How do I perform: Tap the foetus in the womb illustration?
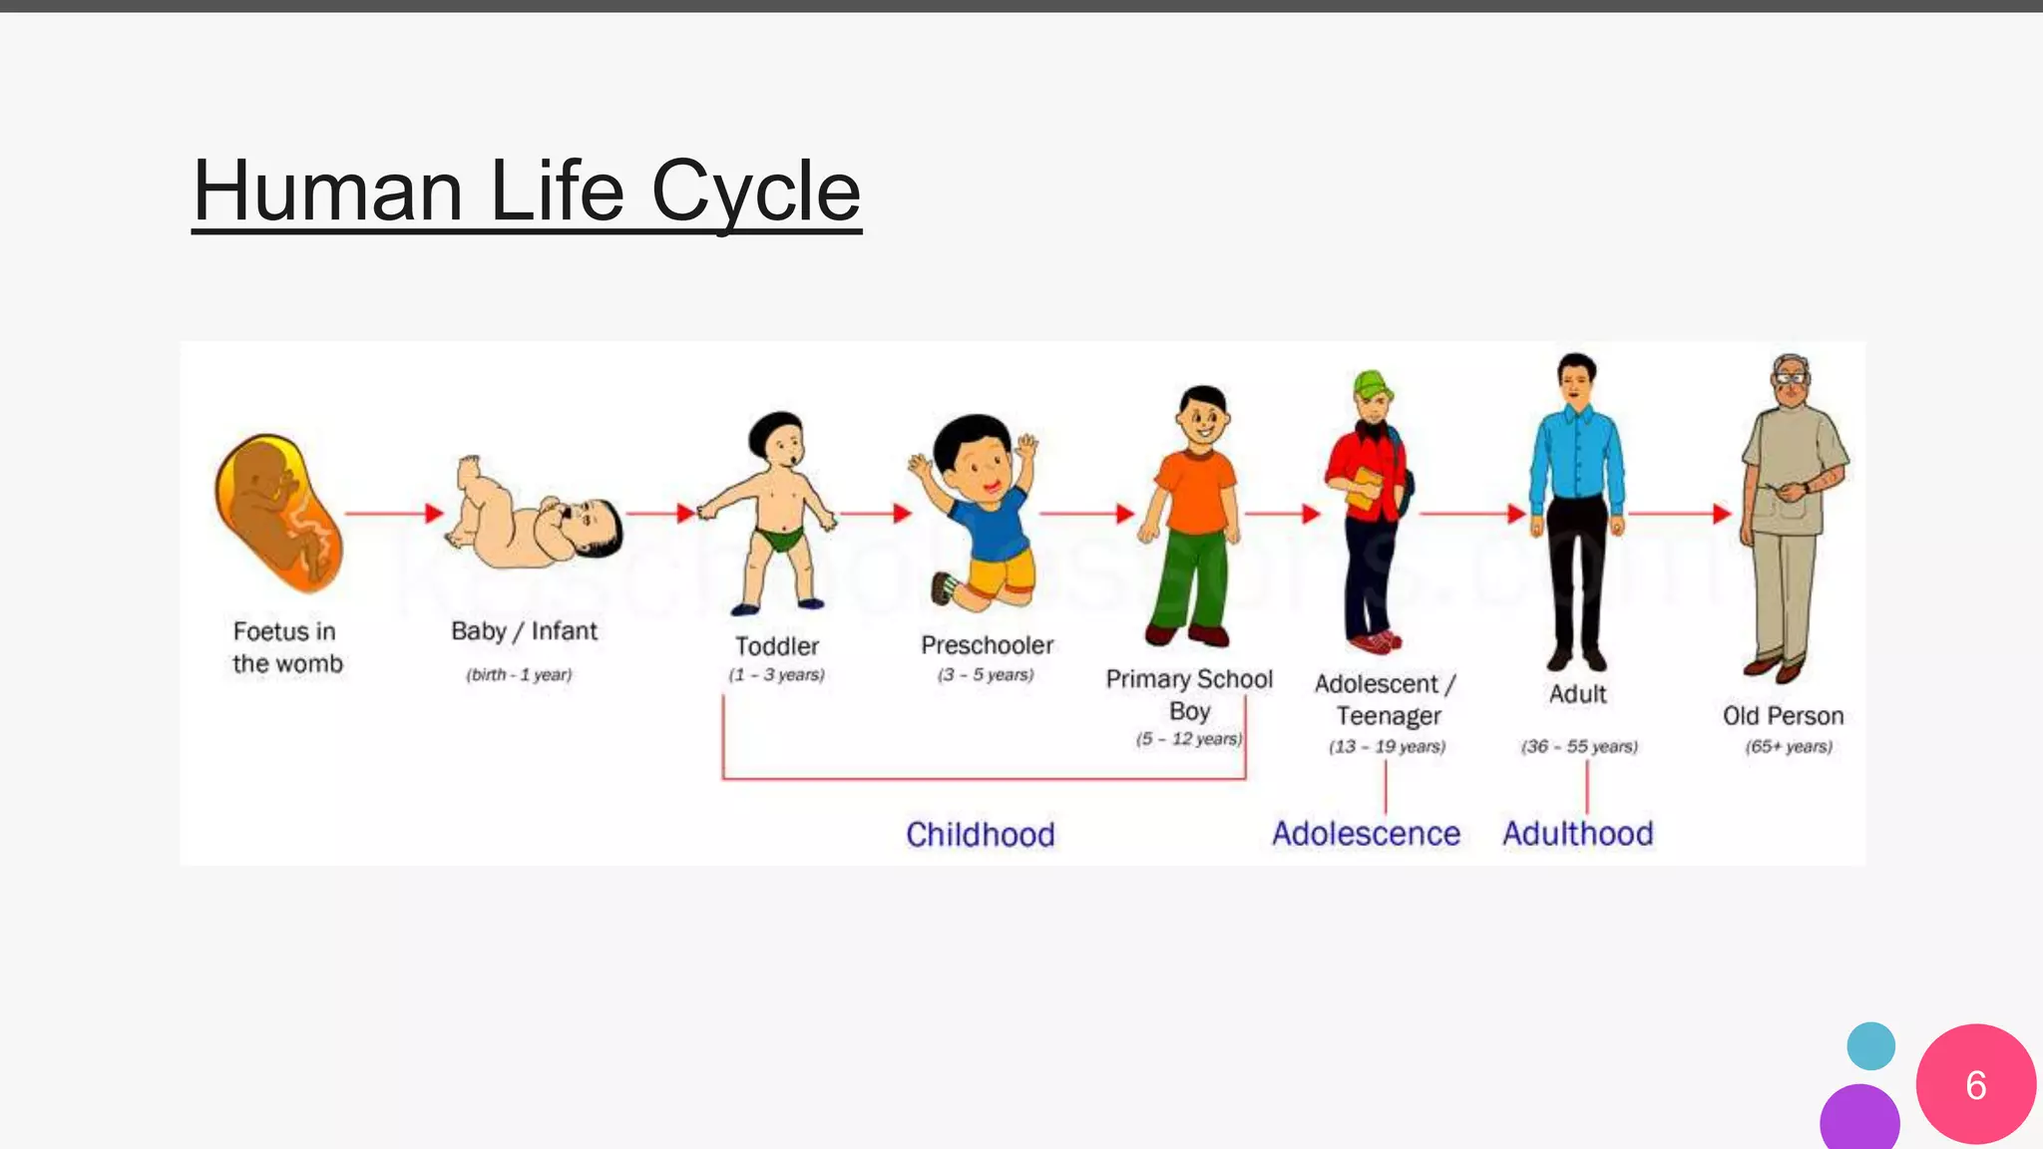tap(278, 512)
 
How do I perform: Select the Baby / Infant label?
tap(524, 631)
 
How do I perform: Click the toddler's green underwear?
tap(781, 539)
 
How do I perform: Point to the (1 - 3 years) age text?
tap(776, 675)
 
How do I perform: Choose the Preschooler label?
tap(987, 645)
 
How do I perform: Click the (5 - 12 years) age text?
tap(1188, 739)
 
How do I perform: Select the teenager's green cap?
tap(1373, 383)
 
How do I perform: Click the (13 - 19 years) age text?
tap(1387, 747)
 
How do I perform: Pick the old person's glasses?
tap(1792, 378)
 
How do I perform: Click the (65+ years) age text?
tap(1789, 747)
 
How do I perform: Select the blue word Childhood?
tap(980, 835)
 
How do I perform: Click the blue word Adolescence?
tap(1366, 834)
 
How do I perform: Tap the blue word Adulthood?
tap(1577, 834)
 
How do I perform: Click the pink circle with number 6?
tap(1975, 1084)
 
